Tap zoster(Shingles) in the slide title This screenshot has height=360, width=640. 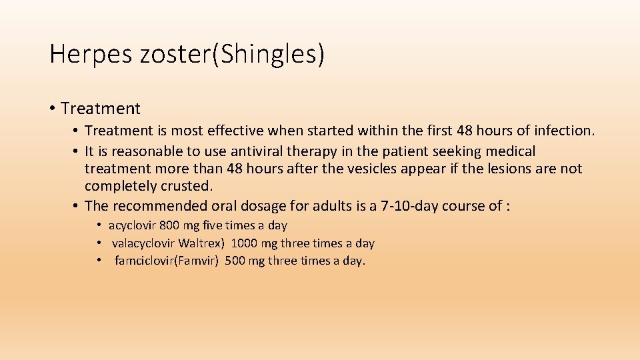point(233,54)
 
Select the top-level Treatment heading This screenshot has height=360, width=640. point(101,108)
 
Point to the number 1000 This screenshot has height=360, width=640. point(244,243)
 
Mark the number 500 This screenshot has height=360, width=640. point(235,261)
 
